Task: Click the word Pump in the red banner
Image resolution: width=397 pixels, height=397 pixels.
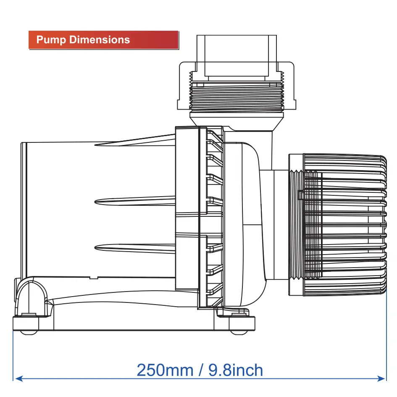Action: click(x=51, y=40)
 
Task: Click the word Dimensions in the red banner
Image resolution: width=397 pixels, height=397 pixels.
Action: click(x=100, y=40)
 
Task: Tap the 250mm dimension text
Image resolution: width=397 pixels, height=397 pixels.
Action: click(x=165, y=370)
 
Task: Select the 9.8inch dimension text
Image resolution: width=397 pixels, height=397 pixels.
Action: click(x=235, y=370)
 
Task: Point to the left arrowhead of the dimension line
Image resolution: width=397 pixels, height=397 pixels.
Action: click(x=19, y=379)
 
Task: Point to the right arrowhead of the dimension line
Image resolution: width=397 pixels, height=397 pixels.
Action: click(x=381, y=379)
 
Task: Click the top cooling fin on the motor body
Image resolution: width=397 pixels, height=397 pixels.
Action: click(x=135, y=141)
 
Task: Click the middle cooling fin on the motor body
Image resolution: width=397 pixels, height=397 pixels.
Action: click(x=135, y=200)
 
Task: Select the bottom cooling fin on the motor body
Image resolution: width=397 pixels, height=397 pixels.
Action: click(x=135, y=248)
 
